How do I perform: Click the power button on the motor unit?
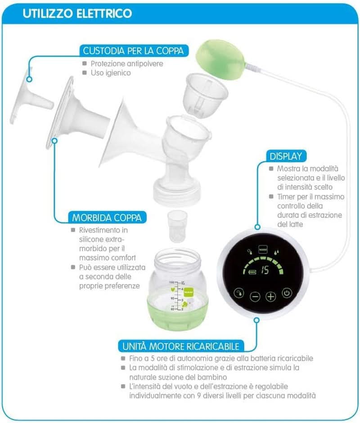click(x=287, y=295)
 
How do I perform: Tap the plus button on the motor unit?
click(x=270, y=296)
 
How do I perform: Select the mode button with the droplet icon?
click(x=238, y=295)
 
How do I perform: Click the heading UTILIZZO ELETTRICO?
click(x=77, y=14)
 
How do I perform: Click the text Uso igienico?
click(x=111, y=72)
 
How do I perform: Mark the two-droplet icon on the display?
click(x=274, y=251)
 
